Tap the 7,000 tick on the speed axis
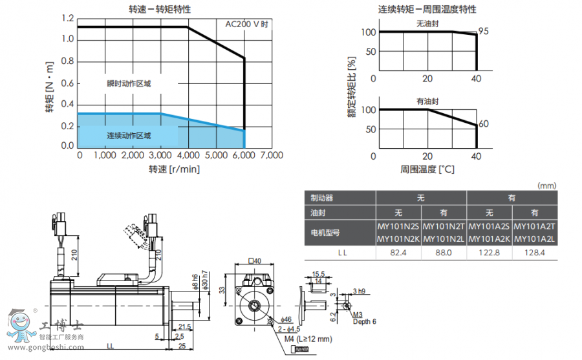(271, 155)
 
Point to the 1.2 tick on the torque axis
(68, 18)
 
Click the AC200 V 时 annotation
(246, 23)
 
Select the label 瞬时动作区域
(129, 84)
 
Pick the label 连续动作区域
(129, 136)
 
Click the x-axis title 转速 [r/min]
(174, 169)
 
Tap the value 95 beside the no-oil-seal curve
(483, 31)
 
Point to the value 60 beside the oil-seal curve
(483, 124)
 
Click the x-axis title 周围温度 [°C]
(427, 170)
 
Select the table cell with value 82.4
(399, 252)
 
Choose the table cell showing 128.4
(534, 252)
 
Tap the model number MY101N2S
(398, 226)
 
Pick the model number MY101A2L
(534, 239)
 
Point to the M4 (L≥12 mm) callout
(308, 338)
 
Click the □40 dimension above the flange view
(255, 261)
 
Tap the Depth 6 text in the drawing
(364, 322)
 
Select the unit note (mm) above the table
(546, 185)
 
